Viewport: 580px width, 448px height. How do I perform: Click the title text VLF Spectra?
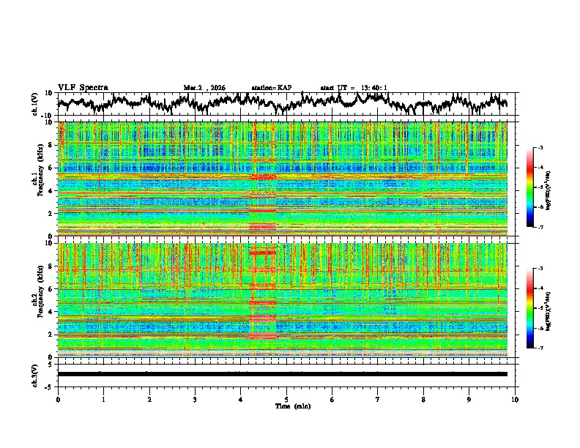83,87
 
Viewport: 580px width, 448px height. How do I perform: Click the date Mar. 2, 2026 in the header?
204,88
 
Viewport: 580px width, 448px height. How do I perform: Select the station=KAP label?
271,88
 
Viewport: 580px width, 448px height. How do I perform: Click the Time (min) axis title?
286,406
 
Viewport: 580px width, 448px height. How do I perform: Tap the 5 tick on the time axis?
286,399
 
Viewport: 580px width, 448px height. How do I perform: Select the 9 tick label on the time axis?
469,399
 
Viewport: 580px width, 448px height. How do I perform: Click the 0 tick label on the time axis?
58,399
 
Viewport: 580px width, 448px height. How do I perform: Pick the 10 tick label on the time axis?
515,399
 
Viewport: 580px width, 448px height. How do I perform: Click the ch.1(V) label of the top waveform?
36,104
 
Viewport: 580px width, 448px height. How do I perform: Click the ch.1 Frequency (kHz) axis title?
37,179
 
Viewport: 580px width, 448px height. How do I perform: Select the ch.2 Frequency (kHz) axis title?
37,299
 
